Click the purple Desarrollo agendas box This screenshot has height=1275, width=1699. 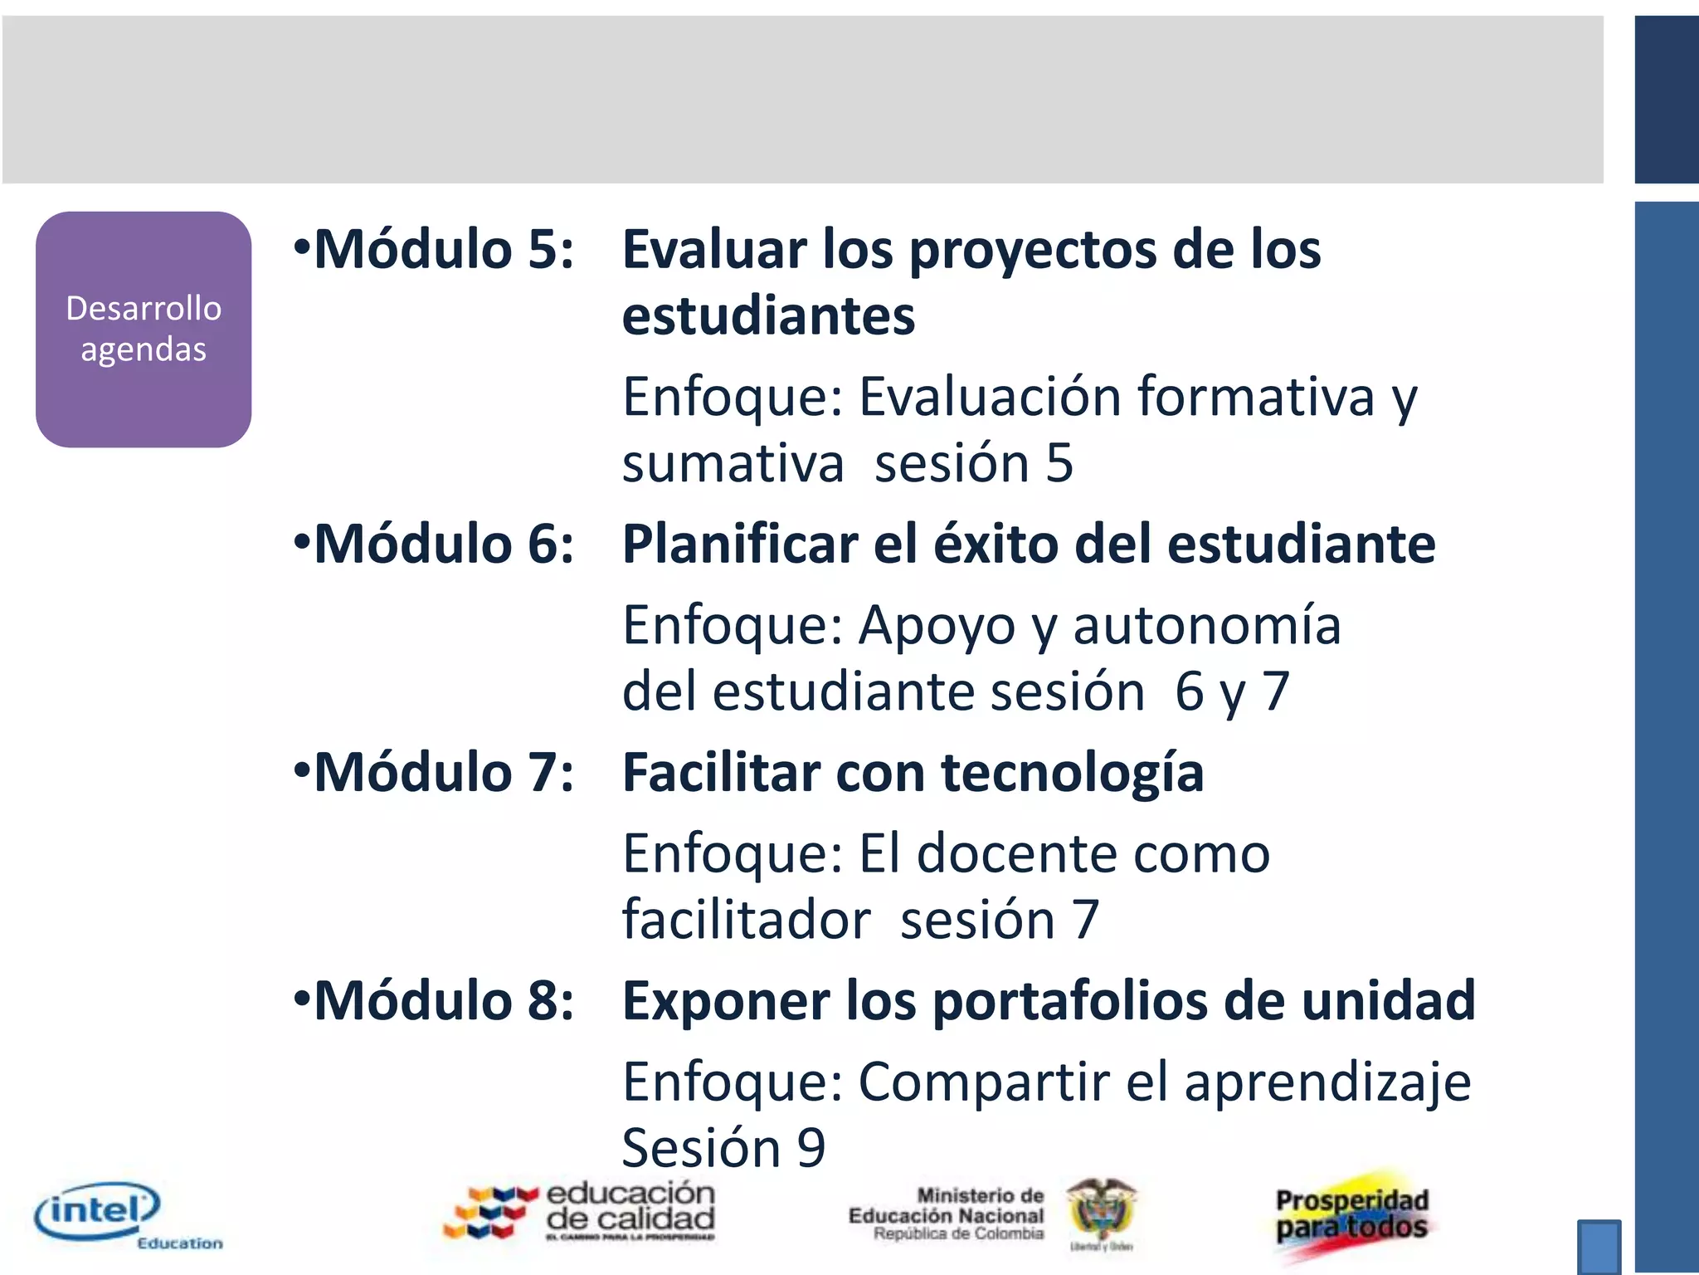(x=144, y=330)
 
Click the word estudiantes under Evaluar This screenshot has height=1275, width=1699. (x=768, y=316)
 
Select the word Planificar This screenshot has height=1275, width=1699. (x=740, y=545)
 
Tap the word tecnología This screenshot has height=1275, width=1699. (x=1072, y=773)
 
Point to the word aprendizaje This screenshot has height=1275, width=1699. (x=1327, y=1082)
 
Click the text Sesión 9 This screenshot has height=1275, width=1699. (x=723, y=1148)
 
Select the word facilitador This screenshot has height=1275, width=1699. (x=747, y=921)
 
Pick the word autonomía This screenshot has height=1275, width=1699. (x=1207, y=625)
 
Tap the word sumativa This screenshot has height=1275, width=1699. (x=733, y=463)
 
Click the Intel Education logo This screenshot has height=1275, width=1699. (x=124, y=1216)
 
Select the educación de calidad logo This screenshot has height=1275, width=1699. (x=581, y=1212)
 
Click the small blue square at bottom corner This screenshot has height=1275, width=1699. (x=1599, y=1245)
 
